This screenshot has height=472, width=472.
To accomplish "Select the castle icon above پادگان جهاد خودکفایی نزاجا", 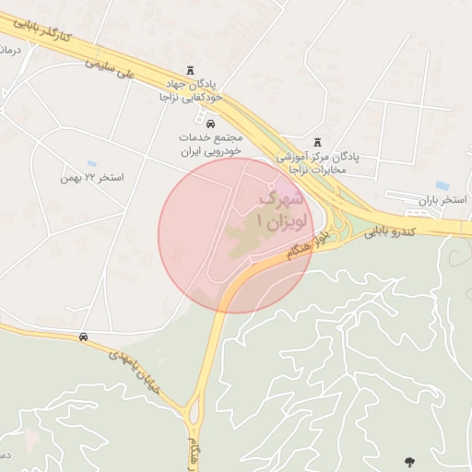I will click(191, 70).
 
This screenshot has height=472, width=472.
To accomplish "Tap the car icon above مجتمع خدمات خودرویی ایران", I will click(210, 123).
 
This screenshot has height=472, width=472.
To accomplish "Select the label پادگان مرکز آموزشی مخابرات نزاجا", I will click(319, 163).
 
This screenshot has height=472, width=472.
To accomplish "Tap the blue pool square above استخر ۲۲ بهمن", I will click(91, 164).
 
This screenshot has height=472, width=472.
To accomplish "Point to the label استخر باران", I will click(442, 200).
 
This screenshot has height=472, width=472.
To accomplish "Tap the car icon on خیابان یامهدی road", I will click(84, 336).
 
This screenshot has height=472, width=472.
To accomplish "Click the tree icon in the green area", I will click(408, 461).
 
